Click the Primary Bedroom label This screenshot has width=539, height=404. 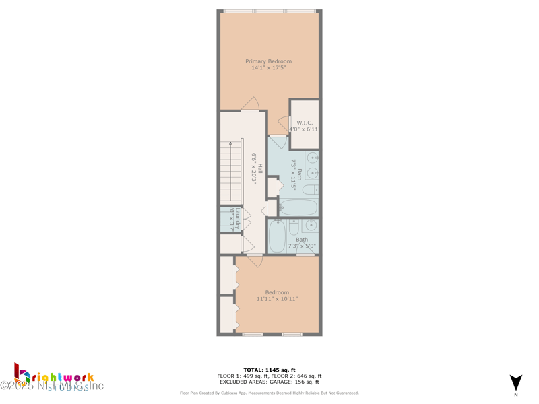point(268,61)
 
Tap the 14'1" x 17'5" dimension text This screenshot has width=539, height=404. point(268,68)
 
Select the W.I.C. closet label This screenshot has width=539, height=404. point(305,123)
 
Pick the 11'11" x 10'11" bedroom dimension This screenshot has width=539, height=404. point(277,299)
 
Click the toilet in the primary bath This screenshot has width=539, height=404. point(311,191)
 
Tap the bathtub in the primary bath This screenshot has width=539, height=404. point(298,207)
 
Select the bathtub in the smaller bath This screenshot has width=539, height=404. point(277,236)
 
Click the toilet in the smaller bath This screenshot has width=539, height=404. point(294,228)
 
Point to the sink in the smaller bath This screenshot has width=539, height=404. point(311,224)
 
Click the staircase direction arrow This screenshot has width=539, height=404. point(230,143)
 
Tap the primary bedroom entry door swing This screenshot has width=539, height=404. point(251,104)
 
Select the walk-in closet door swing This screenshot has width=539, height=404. point(283,124)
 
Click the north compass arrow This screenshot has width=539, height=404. point(515,382)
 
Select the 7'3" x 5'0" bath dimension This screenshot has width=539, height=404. point(302,246)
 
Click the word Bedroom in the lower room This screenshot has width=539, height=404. point(277,292)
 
